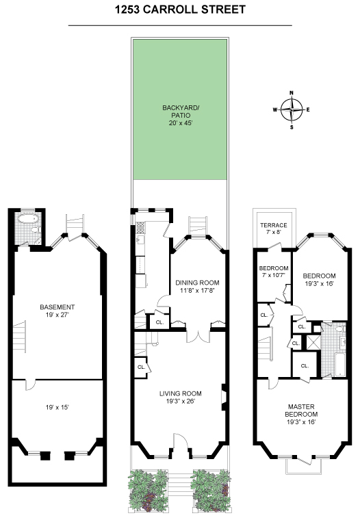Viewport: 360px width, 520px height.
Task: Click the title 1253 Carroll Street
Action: pyautogui.click(x=180, y=10)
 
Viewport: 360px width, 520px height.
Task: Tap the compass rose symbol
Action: pyautogui.click(x=292, y=109)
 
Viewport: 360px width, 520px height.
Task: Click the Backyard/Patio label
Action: pyautogui.click(x=181, y=112)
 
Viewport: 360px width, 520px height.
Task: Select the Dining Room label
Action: pyautogui.click(x=197, y=283)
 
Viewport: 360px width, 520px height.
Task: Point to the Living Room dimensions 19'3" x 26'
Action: pyautogui.click(x=181, y=402)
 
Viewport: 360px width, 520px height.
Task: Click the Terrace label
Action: pyautogui.click(x=273, y=225)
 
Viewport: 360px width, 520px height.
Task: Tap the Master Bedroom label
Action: pyautogui.click(x=301, y=411)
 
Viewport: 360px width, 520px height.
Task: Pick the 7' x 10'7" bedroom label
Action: pyautogui.click(x=274, y=272)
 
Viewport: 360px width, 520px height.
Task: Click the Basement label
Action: pyautogui.click(x=57, y=307)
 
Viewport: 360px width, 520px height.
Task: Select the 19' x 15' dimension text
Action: pyautogui.click(x=57, y=407)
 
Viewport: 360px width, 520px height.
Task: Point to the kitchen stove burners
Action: pyautogui.click(x=140, y=227)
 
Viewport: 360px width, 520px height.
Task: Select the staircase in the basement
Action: pyautogui.click(x=19, y=336)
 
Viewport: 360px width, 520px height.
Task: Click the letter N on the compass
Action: pyautogui.click(x=292, y=93)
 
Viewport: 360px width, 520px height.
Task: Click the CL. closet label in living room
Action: pyautogui.click(x=141, y=367)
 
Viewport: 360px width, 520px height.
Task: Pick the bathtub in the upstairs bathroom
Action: pyautogui.click(x=340, y=365)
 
